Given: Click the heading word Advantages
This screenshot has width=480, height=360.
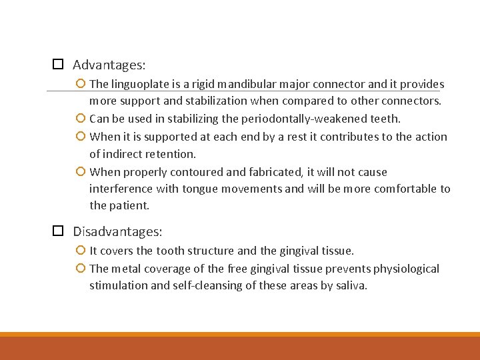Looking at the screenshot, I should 109,65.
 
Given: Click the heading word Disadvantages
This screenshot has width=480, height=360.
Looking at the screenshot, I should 117,231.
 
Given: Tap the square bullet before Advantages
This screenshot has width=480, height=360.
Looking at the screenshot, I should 58,65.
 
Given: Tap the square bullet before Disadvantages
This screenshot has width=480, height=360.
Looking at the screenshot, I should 58,231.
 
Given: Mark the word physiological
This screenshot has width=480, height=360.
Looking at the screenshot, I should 406,268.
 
